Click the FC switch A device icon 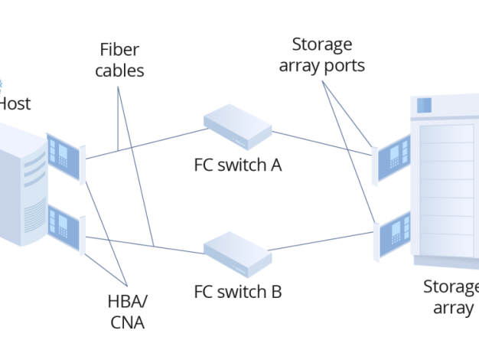point(237,128)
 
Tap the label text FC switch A point(238,165)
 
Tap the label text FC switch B point(238,291)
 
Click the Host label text point(14,103)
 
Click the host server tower point(21,188)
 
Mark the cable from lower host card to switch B point(145,244)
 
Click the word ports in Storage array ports point(344,65)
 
